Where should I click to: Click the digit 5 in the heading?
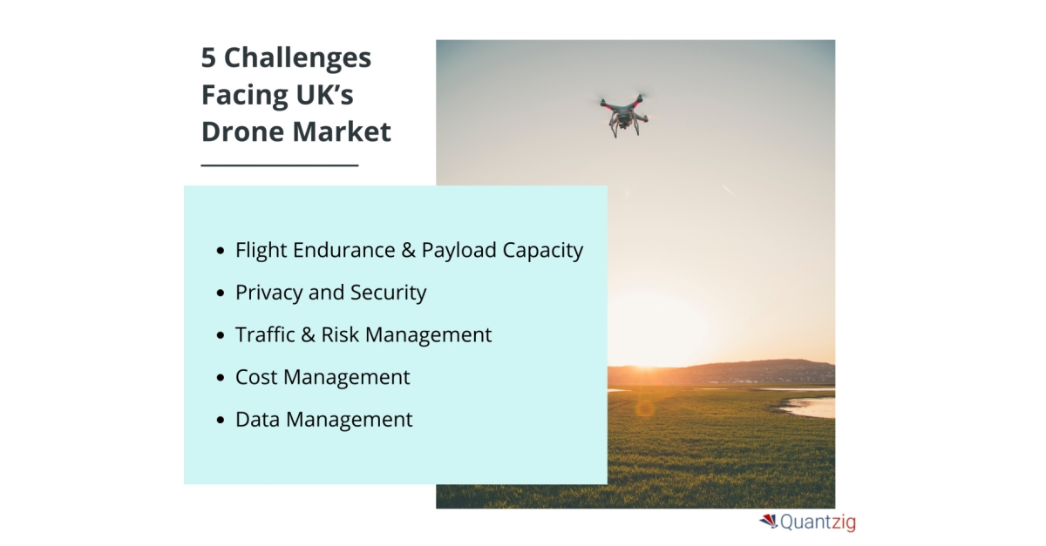tap(208, 57)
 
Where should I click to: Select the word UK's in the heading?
tap(324, 94)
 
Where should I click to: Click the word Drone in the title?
tap(242, 131)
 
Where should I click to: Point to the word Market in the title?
tap(342, 131)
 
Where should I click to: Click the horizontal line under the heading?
tap(280, 165)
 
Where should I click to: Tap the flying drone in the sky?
tap(624, 116)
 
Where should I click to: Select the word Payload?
tap(459, 251)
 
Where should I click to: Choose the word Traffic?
tap(265, 334)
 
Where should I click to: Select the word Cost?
tap(256, 377)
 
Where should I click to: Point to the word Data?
tap(257, 420)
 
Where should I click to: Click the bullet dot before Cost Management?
tap(221, 378)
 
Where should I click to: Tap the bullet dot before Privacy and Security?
tap(221, 293)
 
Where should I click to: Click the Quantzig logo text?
tap(818, 522)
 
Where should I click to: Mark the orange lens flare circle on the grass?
tap(645, 409)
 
